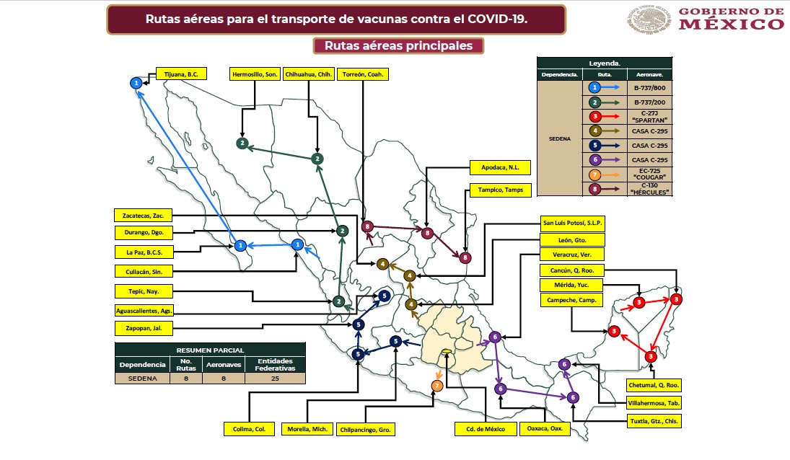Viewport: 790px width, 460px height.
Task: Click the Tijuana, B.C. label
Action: coord(182,74)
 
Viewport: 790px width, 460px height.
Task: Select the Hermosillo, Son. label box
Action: coord(255,74)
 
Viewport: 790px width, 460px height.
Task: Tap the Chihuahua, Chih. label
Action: coord(310,74)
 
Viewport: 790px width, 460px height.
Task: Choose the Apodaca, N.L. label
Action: coord(500,167)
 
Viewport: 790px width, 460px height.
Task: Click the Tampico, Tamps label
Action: coord(500,190)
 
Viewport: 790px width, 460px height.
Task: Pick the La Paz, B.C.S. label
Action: coord(142,252)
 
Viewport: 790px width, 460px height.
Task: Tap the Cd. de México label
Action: coord(486,429)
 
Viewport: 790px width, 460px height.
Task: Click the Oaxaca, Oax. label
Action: coord(546,429)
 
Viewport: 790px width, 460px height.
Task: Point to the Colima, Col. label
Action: coord(250,429)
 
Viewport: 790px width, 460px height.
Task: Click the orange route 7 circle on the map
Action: coord(436,386)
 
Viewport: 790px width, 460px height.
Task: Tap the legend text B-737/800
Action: coord(648,88)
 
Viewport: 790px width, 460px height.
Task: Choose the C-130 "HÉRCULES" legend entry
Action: coord(648,189)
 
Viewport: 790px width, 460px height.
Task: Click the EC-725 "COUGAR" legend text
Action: coord(648,173)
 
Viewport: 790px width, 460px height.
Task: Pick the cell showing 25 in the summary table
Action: coord(275,378)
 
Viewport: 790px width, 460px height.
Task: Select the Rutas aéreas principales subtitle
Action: coord(398,45)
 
